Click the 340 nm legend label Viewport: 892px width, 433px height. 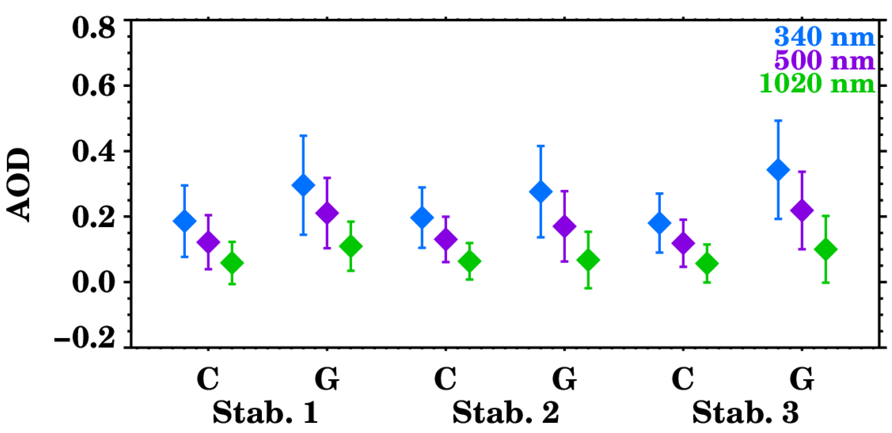click(x=824, y=37)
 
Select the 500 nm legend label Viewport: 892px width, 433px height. click(x=824, y=60)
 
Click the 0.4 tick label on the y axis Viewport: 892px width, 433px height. click(x=94, y=152)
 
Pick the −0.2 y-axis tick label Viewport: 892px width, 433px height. click(x=85, y=337)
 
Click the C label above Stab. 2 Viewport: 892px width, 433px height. click(x=445, y=379)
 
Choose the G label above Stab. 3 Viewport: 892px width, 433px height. click(x=802, y=379)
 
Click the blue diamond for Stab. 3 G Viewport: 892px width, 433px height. click(x=778, y=170)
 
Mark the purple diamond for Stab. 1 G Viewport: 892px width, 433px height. click(x=327, y=213)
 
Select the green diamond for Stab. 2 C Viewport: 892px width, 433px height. click(x=470, y=261)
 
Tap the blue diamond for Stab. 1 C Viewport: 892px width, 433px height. click(x=185, y=221)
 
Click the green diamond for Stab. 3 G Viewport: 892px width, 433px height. click(x=826, y=249)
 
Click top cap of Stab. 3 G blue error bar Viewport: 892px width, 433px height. click(x=778, y=121)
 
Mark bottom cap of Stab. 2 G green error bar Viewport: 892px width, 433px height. click(x=588, y=288)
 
